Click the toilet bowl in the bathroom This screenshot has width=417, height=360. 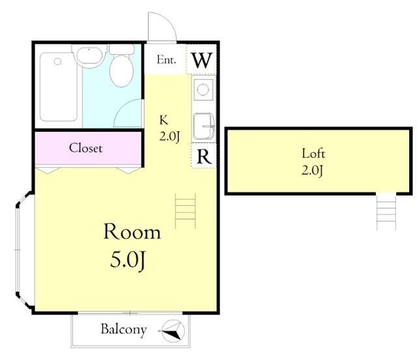point(122,71)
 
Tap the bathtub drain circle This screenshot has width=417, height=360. point(57,61)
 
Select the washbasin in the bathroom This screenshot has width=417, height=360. point(89,56)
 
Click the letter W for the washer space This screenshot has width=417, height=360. point(203,60)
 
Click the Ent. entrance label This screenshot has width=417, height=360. point(167,59)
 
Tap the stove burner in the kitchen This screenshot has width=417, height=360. point(203,89)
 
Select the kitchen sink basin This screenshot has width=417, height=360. point(204,127)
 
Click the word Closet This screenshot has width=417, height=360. point(85,148)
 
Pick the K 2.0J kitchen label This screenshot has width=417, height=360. point(169,129)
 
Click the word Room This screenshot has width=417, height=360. point(132,232)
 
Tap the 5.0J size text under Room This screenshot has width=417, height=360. point(128,260)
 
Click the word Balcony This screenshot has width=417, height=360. point(124,329)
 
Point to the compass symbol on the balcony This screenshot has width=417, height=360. point(173,331)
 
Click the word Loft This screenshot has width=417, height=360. point(313,154)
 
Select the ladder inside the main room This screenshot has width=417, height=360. point(185,211)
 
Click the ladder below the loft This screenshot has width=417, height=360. point(386,211)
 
